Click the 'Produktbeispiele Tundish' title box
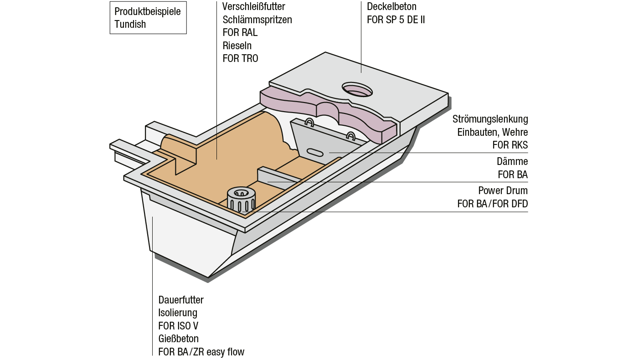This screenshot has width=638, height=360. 148,18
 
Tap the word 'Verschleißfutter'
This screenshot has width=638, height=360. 254,7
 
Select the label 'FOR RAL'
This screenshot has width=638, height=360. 240,33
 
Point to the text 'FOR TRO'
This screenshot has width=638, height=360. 240,58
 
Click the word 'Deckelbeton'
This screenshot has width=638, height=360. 391,7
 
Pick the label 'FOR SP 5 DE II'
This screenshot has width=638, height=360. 396,20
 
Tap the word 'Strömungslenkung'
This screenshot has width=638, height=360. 490,119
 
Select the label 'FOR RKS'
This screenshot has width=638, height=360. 510,145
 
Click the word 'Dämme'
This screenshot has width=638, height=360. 512,162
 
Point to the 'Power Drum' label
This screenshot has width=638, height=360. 503,190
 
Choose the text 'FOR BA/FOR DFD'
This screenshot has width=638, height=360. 492,204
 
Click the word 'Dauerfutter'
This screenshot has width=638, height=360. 181,300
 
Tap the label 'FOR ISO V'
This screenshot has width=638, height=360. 178,326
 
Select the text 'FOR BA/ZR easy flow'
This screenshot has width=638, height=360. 201,352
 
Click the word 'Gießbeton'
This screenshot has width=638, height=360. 178,339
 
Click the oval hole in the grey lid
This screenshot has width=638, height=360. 357,90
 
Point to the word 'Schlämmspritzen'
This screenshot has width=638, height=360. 257,20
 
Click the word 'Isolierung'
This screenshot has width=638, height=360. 178,313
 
